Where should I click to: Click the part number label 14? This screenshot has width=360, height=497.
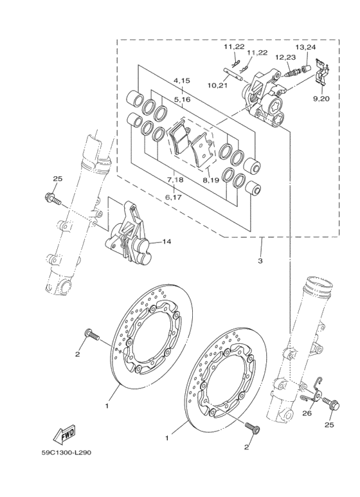click(x=166, y=242)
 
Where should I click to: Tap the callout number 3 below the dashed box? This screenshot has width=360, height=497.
click(x=260, y=261)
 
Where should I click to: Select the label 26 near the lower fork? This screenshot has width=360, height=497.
click(x=306, y=413)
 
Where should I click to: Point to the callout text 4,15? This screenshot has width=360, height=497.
click(x=181, y=81)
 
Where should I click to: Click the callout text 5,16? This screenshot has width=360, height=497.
click(x=181, y=100)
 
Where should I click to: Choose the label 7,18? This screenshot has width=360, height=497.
click(x=175, y=180)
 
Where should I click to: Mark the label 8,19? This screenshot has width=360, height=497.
click(x=211, y=180)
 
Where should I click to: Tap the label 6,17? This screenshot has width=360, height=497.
click(x=174, y=198)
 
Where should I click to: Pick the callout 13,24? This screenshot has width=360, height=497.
click(x=306, y=47)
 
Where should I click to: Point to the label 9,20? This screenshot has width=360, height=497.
click(x=321, y=98)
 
